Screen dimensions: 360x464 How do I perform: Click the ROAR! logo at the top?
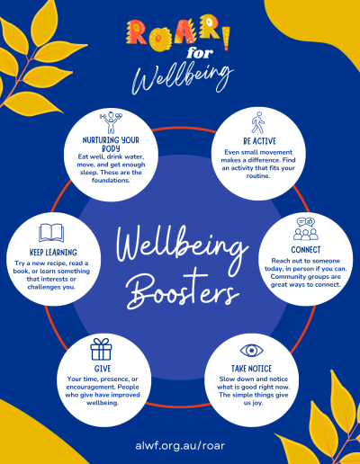pyautogui.click(x=178, y=32)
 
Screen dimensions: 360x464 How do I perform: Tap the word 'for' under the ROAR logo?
pyautogui.click(x=200, y=53)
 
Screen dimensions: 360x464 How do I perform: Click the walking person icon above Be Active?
pyautogui.click(x=257, y=122)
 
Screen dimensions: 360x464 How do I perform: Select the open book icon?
pyautogui.click(x=51, y=233)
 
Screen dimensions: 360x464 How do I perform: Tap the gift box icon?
pyautogui.click(x=101, y=349)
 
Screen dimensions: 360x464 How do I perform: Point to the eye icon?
pyautogui.click(x=251, y=351)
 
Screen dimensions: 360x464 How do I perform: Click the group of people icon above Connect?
pyautogui.click(x=306, y=229)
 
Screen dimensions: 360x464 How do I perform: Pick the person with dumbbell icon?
pyautogui.click(x=111, y=122)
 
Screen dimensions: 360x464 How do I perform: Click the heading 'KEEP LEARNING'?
pyautogui.click(x=53, y=253)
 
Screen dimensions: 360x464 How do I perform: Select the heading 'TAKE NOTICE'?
pyautogui.click(x=251, y=369)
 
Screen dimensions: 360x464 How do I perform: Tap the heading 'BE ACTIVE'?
pyautogui.click(x=259, y=141)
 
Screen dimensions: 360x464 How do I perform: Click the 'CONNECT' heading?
pyautogui.click(x=306, y=250)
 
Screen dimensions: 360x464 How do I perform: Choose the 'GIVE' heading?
pyautogui.click(x=103, y=369)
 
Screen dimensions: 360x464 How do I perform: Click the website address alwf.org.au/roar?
pyautogui.click(x=180, y=445)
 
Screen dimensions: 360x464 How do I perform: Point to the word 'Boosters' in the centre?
pyautogui.click(x=182, y=289)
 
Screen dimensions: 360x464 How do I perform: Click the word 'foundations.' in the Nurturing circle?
pyautogui.click(x=111, y=180)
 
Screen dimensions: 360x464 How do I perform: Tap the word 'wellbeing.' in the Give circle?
pyautogui.click(x=103, y=403)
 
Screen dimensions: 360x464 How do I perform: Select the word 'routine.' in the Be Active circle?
pyautogui.click(x=258, y=175)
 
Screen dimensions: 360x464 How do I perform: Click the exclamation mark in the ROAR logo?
pyautogui.click(x=226, y=38)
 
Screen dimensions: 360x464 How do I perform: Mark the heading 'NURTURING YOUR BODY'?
pyautogui.click(x=111, y=144)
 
